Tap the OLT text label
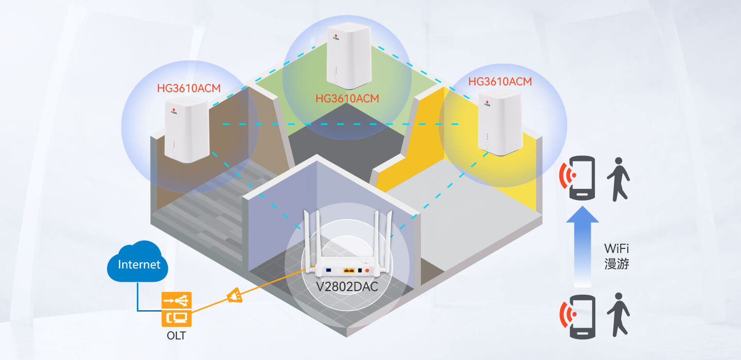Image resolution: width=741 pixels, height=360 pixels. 177,336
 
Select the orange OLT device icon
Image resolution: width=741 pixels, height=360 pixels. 177,310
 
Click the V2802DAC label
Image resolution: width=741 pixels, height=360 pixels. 346,286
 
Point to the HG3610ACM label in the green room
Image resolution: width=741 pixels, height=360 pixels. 347,98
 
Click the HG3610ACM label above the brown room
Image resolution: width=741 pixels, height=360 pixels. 189,88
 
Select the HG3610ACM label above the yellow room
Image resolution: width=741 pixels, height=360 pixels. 500,81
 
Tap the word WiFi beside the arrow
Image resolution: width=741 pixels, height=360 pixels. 616,249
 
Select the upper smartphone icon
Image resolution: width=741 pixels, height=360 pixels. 581,178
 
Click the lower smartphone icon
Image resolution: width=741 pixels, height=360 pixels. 581,316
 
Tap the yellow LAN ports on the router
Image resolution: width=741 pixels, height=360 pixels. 349,269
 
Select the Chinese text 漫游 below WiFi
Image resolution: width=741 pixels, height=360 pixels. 616,264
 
